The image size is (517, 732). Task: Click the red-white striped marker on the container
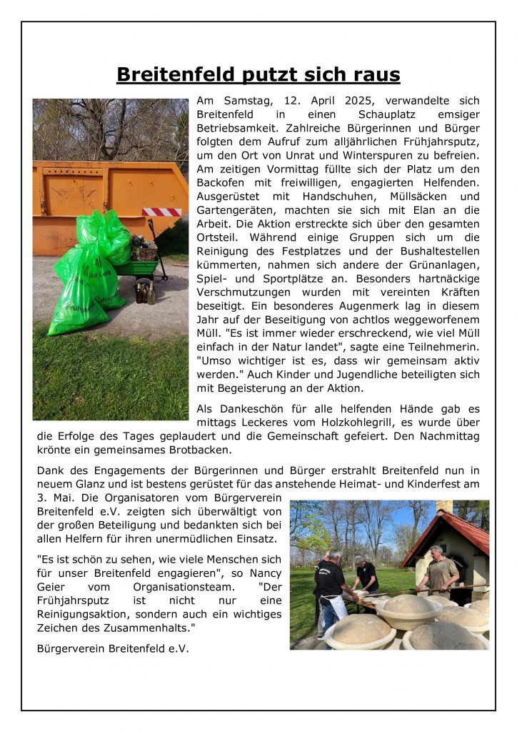tap(161, 212)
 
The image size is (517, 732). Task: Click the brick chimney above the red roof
tap(444, 506)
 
